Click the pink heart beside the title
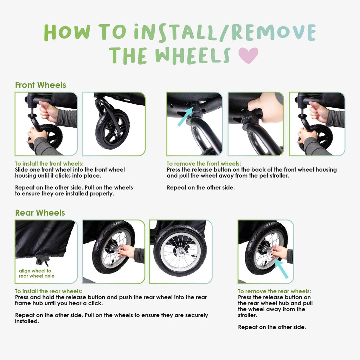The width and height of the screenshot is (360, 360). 248,55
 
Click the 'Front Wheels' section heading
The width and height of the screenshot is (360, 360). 41,85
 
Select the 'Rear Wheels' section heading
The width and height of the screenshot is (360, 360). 40,213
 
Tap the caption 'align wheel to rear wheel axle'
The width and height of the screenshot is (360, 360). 37,274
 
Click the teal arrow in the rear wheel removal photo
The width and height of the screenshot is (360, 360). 281,268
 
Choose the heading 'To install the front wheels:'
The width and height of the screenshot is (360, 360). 49,163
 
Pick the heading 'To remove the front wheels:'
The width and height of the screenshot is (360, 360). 204,163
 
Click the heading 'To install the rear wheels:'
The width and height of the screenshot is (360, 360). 49,291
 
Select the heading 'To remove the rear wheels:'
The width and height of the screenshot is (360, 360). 274,291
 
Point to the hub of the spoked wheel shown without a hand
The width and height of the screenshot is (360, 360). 181,253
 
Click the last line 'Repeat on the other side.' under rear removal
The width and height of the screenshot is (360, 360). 272,327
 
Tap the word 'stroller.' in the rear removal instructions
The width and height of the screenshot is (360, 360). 247,315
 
